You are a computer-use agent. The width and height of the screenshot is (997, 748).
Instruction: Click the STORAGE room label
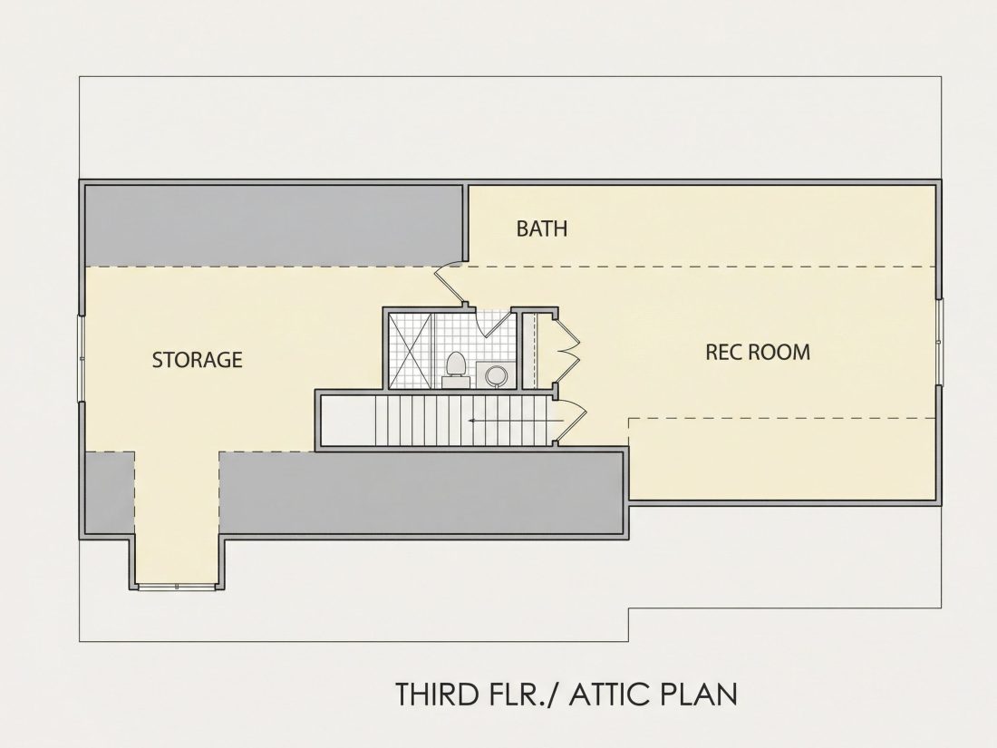pyautogui.click(x=197, y=360)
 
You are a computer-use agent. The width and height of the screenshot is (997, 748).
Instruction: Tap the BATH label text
pyautogui.click(x=542, y=228)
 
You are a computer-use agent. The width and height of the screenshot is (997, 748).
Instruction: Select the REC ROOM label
pyautogui.click(x=758, y=353)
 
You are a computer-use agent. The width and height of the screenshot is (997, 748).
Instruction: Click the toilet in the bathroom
pyautogui.click(x=455, y=370)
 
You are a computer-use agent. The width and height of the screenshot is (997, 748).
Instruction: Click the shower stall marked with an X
pyautogui.click(x=411, y=349)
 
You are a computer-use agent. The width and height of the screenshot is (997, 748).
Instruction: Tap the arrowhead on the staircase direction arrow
pyautogui.click(x=472, y=421)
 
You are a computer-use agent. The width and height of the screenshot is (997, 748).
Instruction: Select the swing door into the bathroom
pyautogui.click(x=495, y=324)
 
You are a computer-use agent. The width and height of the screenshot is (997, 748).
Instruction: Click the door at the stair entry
pyautogui.click(x=571, y=420)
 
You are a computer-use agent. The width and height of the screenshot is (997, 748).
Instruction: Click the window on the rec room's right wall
pyautogui.click(x=941, y=341)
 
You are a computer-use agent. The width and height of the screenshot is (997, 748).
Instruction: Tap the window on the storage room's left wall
pyautogui.click(x=81, y=358)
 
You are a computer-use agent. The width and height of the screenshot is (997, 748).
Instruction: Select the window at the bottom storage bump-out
pyautogui.click(x=178, y=586)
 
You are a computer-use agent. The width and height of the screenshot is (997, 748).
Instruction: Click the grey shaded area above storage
pyautogui.click(x=274, y=225)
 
